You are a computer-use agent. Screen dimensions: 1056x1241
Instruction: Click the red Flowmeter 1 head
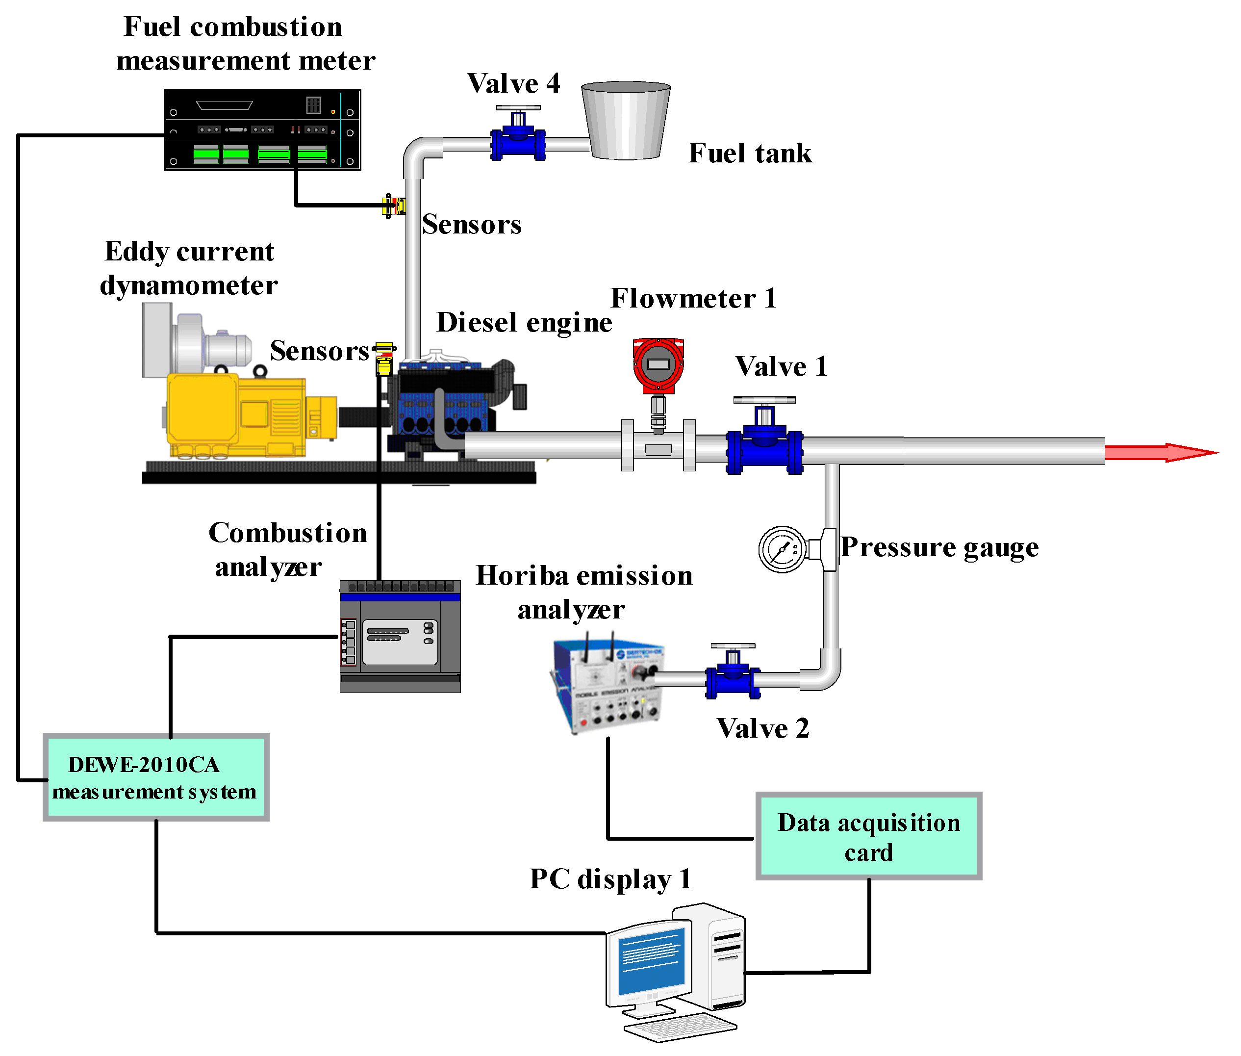(x=658, y=364)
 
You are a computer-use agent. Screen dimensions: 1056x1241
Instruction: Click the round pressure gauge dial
(x=782, y=549)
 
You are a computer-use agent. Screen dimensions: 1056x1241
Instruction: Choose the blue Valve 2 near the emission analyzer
(x=733, y=679)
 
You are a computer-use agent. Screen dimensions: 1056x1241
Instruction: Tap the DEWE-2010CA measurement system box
(x=155, y=777)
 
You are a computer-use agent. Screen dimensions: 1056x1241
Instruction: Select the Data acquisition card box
(x=868, y=836)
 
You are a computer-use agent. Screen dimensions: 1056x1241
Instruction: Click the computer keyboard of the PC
(x=679, y=1026)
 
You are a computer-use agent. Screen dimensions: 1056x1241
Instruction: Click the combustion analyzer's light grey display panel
(x=400, y=642)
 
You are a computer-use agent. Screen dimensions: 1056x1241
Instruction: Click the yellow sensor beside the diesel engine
(x=383, y=359)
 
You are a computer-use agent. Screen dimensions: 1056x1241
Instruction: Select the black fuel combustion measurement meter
(x=262, y=130)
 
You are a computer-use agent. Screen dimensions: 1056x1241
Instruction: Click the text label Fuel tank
(x=749, y=153)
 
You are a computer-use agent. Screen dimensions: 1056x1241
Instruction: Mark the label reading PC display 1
(x=610, y=879)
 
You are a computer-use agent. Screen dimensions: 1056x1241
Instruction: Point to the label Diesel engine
(x=524, y=323)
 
